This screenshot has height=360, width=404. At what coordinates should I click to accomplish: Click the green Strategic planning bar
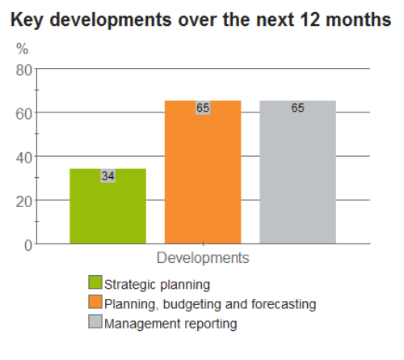point(107,206)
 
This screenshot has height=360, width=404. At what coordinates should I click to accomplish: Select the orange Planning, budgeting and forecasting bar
point(203,172)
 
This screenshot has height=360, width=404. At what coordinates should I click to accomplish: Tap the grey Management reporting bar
point(297,172)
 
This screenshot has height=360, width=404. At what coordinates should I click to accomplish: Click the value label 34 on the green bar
point(108,176)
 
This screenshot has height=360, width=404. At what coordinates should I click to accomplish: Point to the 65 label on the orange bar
point(203,108)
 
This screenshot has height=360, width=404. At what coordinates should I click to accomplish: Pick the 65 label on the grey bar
point(297,108)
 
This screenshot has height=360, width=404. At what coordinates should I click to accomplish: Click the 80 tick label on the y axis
point(24,70)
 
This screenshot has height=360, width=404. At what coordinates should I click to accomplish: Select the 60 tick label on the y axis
point(24,114)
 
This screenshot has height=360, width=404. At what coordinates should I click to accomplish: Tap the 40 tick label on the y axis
point(24,158)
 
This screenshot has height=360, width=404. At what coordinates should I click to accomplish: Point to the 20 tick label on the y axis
point(24,201)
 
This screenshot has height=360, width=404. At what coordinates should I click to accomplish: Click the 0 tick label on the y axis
point(28,246)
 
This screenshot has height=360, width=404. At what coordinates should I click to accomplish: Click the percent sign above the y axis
point(22,49)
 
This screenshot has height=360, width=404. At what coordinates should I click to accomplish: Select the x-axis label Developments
point(203,258)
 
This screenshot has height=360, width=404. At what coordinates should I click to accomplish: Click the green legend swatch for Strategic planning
point(95,282)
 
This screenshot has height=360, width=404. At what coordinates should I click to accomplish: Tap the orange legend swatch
point(95,302)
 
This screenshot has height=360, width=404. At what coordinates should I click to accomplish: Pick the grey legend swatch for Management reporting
point(95,321)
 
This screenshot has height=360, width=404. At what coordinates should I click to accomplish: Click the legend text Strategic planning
point(157,285)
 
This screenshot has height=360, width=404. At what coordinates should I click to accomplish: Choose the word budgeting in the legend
point(192,304)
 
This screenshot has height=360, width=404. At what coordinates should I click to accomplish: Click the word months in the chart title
point(358,19)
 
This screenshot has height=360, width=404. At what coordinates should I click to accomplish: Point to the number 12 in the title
point(309,19)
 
